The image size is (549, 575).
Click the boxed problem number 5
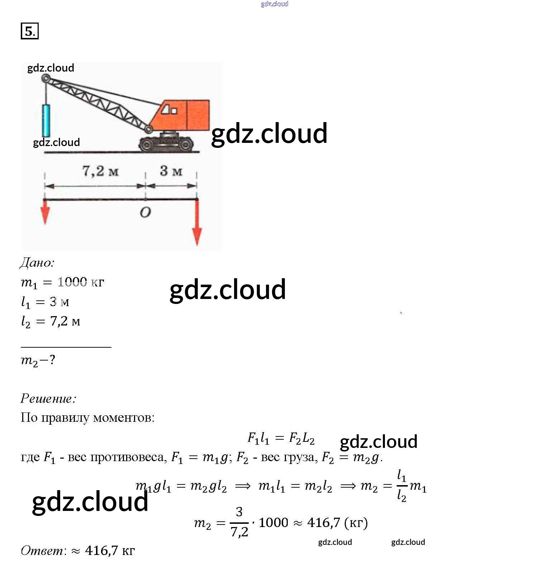29,31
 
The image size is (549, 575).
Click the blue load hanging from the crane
46,120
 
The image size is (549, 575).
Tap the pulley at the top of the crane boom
46,78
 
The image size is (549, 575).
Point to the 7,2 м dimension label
100,171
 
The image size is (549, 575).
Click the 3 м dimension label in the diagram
171,171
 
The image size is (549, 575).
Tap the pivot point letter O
145,213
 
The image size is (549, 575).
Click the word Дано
37,263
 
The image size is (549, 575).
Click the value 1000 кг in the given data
81,282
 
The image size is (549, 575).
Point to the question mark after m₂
52,359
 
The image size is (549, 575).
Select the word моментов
124,417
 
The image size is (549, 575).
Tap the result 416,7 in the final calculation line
323,523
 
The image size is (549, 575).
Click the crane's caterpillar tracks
166,144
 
